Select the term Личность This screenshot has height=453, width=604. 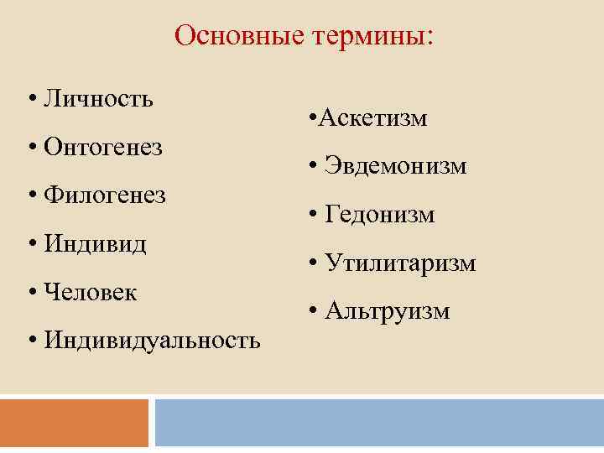point(98,99)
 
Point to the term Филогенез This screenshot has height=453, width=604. point(105,195)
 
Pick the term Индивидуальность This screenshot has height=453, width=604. point(152,341)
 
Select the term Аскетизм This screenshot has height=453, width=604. point(372,118)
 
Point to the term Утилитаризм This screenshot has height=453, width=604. point(401,264)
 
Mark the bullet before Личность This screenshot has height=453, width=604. point(30,100)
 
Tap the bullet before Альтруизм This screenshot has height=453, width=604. point(312,313)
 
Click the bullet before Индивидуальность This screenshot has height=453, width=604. point(30,342)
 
